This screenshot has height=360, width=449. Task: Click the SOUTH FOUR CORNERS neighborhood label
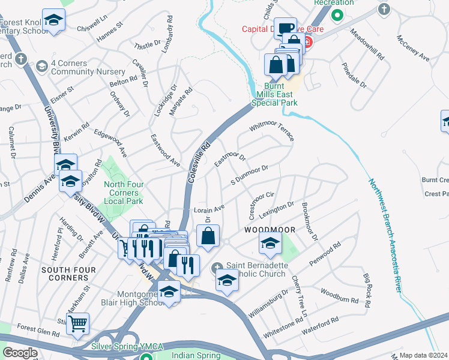[65, 274]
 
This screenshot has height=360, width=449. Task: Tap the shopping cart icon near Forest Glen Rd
[77, 325]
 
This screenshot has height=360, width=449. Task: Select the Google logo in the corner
[20, 353]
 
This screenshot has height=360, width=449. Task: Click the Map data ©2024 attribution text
[423, 355]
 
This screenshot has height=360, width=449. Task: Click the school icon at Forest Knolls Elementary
[54, 21]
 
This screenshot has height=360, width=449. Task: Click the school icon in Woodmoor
[270, 243]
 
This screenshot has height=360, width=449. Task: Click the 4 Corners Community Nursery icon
[42, 65]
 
